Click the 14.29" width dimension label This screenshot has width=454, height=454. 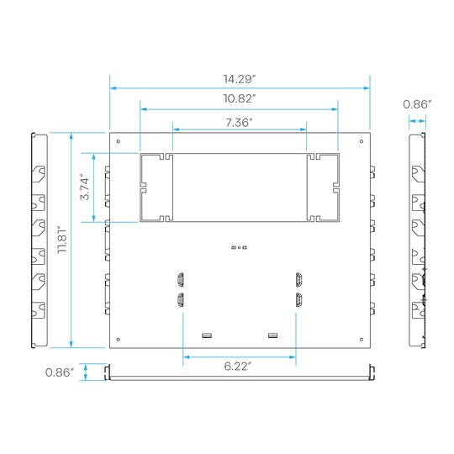click(x=240, y=79)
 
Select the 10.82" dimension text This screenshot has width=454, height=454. click(x=240, y=98)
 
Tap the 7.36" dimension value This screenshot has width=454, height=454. click(x=239, y=123)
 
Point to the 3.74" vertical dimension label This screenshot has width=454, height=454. click(x=85, y=187)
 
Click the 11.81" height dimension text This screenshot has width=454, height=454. click(x=62, y=240)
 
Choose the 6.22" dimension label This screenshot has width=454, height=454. click(x=238, y=367)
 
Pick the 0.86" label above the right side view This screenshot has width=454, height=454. click(x=417, y=104)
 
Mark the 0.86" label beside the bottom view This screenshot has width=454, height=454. click(x=60, y=372)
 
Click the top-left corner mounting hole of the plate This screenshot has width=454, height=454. click(x=119, y=141)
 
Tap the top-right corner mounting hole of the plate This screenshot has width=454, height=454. click(x=362, y=141)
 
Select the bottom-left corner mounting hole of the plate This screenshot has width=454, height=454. click(x=119, y=340)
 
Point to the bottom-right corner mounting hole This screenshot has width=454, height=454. click(x=362, y=340)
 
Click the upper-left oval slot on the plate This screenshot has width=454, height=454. click(x=181, y=280)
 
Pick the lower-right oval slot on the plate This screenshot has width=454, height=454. click(x=298, y=300)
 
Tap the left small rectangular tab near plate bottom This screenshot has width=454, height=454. click(x=207, y=335)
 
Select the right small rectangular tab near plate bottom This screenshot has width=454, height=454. click(x=272, y=335)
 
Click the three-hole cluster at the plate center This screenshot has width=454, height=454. click(x=239, y=247)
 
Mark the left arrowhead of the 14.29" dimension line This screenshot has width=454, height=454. click(x=113, y=88)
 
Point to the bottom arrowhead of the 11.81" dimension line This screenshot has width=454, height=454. click(x=71, y=344)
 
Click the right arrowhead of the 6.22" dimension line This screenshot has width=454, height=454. click(x=293, y=357)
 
